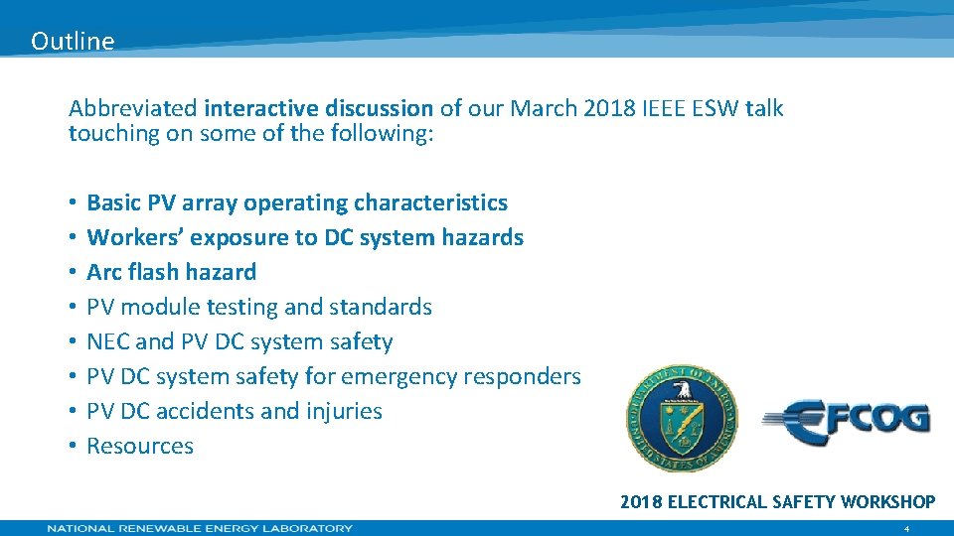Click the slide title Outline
click(73, 42)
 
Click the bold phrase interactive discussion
click(318, 108)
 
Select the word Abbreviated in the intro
click(132, 108)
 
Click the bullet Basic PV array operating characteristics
click(297, 202)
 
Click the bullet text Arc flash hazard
click(171, 272)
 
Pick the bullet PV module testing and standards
click(259, 307)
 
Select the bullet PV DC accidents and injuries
click(235, 411)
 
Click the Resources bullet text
click(140, 446)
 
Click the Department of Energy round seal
click(682, 417)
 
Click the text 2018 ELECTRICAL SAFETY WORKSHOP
click(777, 502)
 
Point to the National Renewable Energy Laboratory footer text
click(200, 528)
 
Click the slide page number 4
click(905, 529)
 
